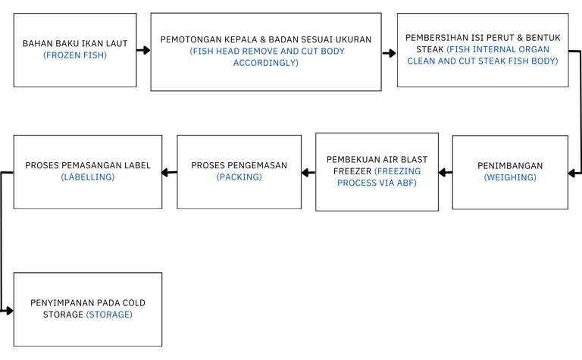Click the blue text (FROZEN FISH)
point(75,55)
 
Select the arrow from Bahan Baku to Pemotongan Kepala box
point(143,50)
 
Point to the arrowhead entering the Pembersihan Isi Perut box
point(392,53)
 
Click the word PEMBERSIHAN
point(431,38)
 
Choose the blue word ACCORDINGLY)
point(266,63)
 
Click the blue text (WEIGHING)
point(510,177)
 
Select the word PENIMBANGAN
point(510,165)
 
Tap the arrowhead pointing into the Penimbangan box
point(572,173)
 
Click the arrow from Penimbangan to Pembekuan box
point(446,173)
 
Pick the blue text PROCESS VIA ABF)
point(377,183)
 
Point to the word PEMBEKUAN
point(349,160)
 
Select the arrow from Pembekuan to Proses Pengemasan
point(308,173)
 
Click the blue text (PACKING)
point(239,177)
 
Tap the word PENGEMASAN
point(258,165)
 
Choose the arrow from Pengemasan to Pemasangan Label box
point(169,172)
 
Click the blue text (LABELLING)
point(88,177)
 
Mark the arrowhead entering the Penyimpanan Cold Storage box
point(9,311)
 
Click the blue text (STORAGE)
point(109,315)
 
